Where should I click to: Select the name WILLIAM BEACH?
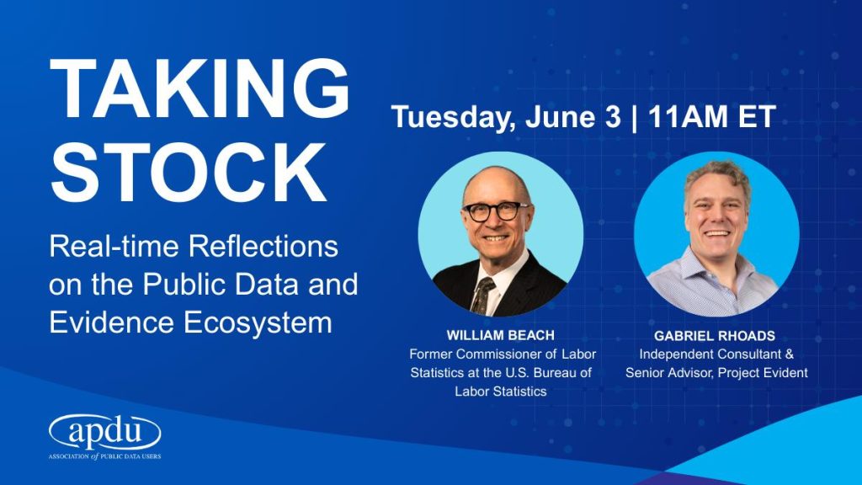(x=500, y=335)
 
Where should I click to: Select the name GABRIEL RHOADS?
(x=715, y=335)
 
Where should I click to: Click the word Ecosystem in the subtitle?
(x=258, y=322)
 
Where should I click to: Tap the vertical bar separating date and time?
(x=635, y=117)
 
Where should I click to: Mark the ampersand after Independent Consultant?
(x=790, y=354)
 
